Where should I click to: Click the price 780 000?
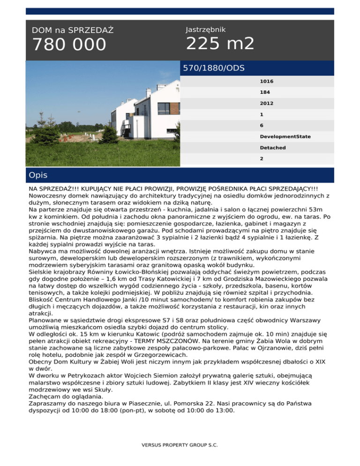point(69,45)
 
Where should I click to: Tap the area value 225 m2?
point(220,44)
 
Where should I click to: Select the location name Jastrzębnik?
point(205,30)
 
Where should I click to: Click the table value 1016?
point(267,81)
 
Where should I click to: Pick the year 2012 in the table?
point(267,103)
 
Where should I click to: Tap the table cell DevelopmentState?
point(285,136)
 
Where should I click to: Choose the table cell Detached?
point(273,147)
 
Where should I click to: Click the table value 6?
point(262,125)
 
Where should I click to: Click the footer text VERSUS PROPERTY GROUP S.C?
point(180,444)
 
